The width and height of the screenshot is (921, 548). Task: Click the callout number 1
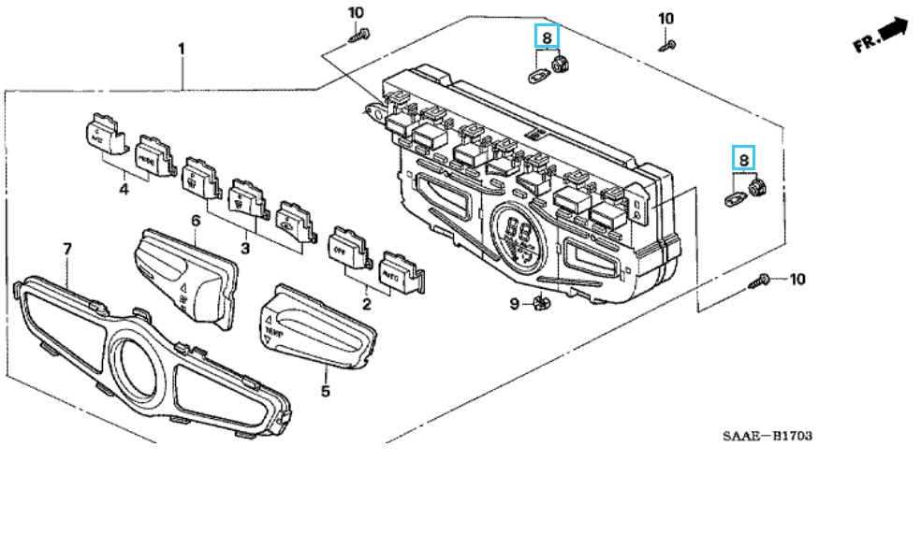coord(182,48)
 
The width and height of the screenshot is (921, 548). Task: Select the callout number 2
coord(366,304)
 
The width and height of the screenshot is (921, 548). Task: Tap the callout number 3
coord(245,249)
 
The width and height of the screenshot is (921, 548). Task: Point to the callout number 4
coord(124,190)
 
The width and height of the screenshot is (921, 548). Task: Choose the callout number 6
coord(196,221)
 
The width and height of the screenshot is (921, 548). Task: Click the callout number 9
coord(514,303)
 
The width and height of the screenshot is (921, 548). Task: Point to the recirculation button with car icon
coord(292,220)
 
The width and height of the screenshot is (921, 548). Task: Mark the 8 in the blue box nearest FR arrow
coord(742,159)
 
